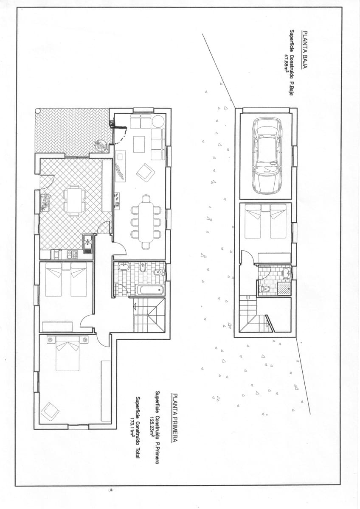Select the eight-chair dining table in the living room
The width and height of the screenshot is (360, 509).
(x=146, y=222)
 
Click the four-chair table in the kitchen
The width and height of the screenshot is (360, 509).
(x=74, y=201)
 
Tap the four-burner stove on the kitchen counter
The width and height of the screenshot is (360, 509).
(x=71, y=255)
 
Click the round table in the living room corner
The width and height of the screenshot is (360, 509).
(x=158, y=121)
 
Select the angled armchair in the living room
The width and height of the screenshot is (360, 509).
(x=146, y=172)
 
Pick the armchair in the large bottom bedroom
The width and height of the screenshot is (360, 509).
(x=50, y=411)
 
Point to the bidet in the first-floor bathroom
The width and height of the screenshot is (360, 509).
(x=143, y=268)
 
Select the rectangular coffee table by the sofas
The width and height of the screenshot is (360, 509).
(x=139, y=144)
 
